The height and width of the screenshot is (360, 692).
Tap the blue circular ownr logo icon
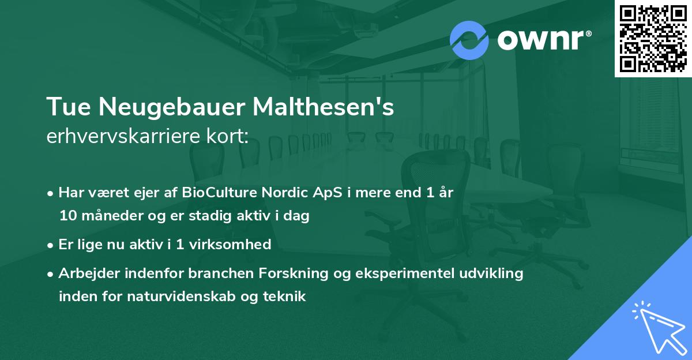coord(469,40)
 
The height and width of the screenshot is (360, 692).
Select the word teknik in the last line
coord(284,297)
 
